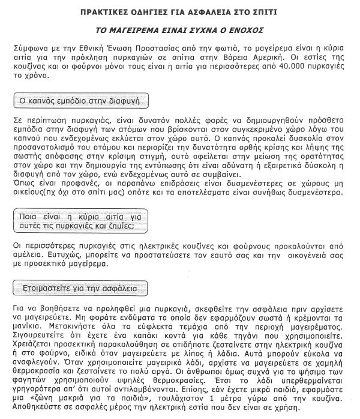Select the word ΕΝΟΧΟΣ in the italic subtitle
(251, 29)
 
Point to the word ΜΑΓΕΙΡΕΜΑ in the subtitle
(143, 29)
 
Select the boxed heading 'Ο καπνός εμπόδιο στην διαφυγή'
(80, 100)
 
